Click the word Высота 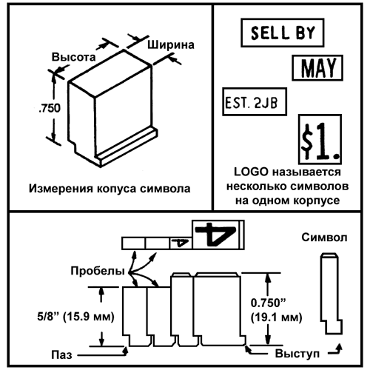pos(73,57)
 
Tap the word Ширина pos(171,45)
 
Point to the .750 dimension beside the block pos(50,108)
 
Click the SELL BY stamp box pos(283,33)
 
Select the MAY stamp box pos(317,68)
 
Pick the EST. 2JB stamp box pos(255,101)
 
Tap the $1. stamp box pos(320,139)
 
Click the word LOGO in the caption pos(251,172)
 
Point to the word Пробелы pos(98,271)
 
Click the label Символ pos(324,238)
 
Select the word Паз pos(61,355)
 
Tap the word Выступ pos(297,354)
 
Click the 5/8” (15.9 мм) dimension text pos(75,317)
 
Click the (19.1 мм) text pos(276,317)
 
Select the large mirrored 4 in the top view pos(215,234)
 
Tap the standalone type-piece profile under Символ pos(331,294)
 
